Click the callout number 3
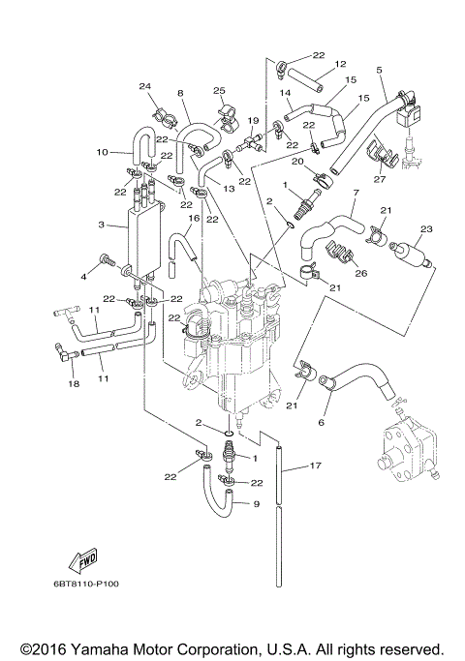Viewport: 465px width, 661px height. click(102, 225)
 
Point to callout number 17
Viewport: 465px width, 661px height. click(314, 466)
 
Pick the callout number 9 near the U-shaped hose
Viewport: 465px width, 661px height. click(256, 503)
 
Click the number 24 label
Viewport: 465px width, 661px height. click(145, 86)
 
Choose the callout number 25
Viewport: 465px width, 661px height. click(219, 90)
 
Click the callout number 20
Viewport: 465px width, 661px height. click(298, 161)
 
